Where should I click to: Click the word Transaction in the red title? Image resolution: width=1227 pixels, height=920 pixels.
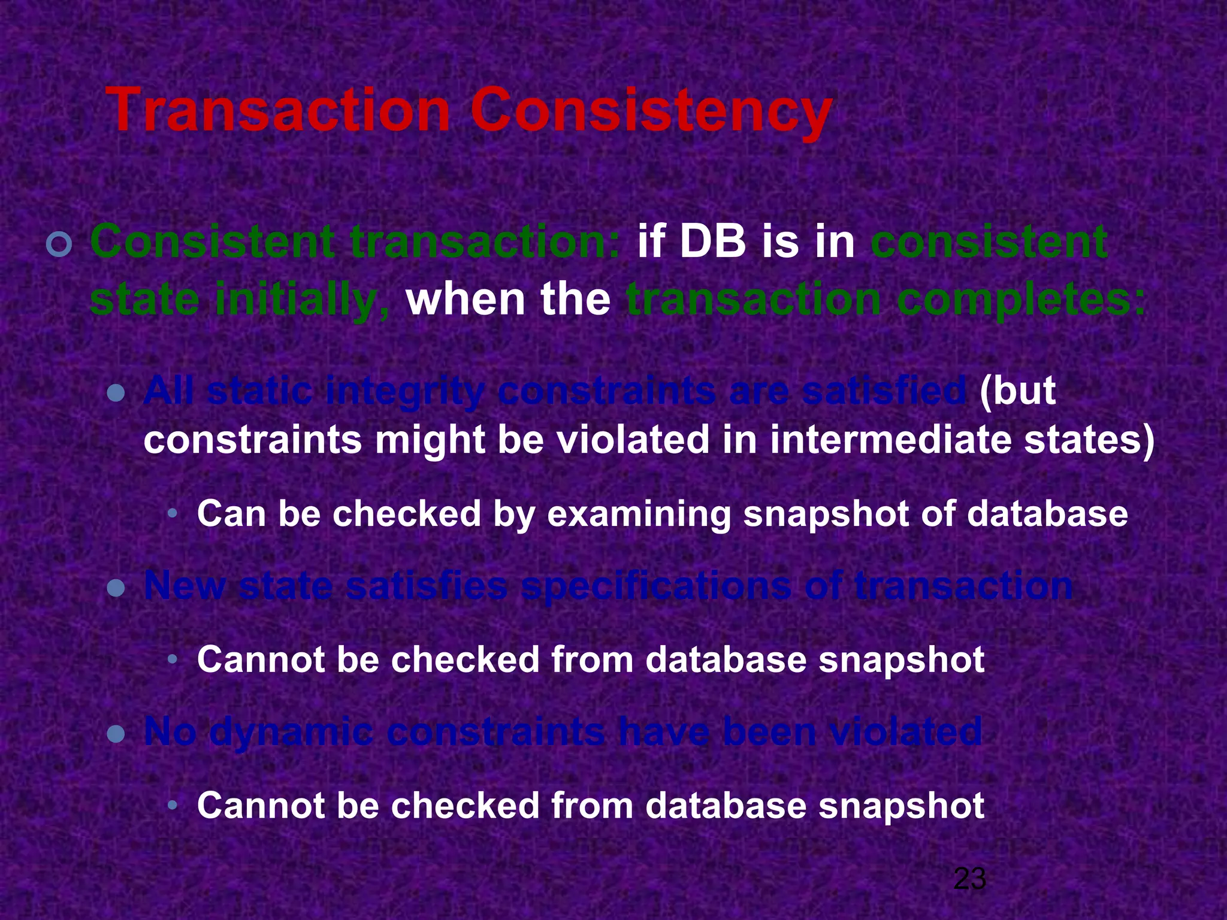277,111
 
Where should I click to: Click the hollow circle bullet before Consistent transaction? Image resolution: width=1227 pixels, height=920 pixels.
59,245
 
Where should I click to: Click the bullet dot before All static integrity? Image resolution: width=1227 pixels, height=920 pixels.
116,394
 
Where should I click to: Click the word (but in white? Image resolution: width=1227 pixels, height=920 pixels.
1017,392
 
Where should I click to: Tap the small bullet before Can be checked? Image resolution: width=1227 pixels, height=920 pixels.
173,514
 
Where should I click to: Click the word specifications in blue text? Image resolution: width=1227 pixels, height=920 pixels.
656,586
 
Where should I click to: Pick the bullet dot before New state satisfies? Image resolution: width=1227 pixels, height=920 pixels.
116,588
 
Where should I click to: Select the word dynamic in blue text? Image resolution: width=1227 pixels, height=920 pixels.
291,733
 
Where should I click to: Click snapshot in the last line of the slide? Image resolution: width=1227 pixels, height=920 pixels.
901,806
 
